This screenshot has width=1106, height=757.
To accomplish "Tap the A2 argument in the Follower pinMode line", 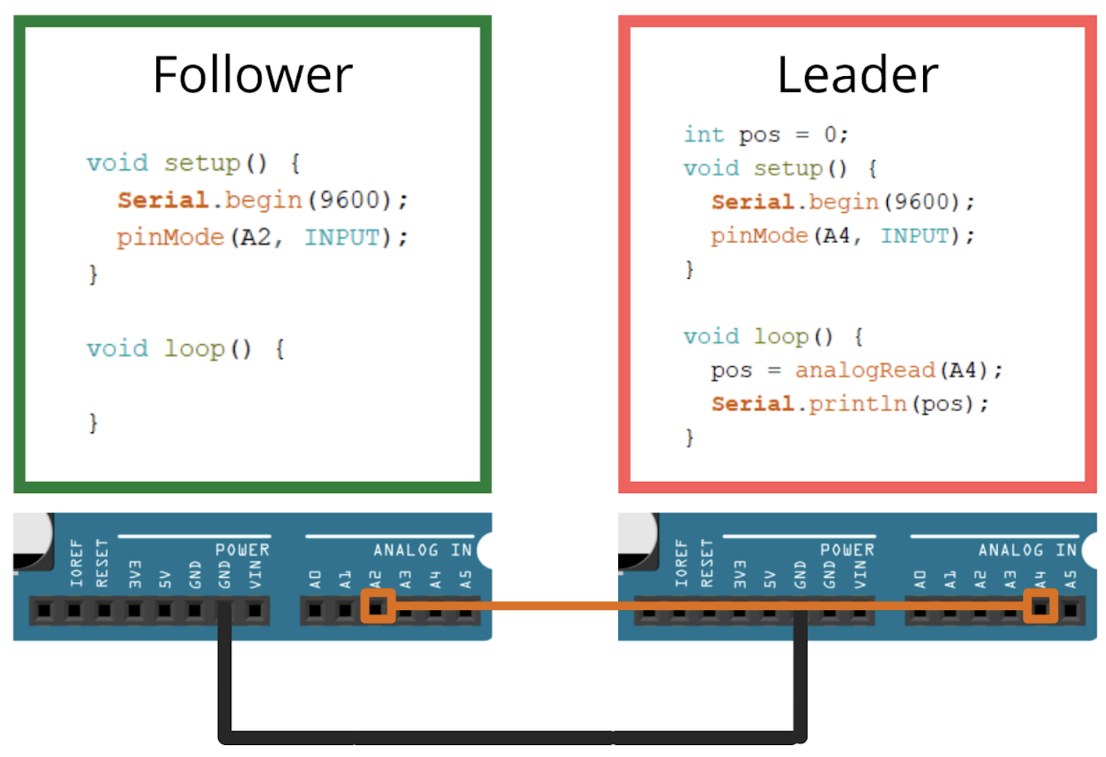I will coord(256,237).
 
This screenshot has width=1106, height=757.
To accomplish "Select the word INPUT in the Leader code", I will coord(915,235).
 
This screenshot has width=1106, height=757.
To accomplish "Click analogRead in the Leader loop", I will coord(864,370).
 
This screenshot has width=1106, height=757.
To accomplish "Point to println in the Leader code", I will coord(857,404).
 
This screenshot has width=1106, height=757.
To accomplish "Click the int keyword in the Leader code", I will coord(703,134).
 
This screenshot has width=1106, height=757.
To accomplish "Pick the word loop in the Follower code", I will coord(194,348).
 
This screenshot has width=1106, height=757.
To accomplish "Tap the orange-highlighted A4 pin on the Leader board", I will coord(1040,607).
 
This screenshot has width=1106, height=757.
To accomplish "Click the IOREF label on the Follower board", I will coord(76,564).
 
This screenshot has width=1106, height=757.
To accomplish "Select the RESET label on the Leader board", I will coord(707,564).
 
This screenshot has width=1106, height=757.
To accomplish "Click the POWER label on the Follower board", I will coord(242,549).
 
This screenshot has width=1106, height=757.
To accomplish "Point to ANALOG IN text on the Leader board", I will coord(1028,549).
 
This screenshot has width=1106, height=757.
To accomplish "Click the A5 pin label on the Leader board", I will coord(1071,579).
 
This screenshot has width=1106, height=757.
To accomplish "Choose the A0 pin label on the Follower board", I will coord(315,579).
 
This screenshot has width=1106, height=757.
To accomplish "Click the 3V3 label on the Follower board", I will coord(134,574).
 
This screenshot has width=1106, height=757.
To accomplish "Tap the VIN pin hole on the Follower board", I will coord(255,609).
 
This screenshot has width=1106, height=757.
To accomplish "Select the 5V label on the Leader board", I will coord(769,579).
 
